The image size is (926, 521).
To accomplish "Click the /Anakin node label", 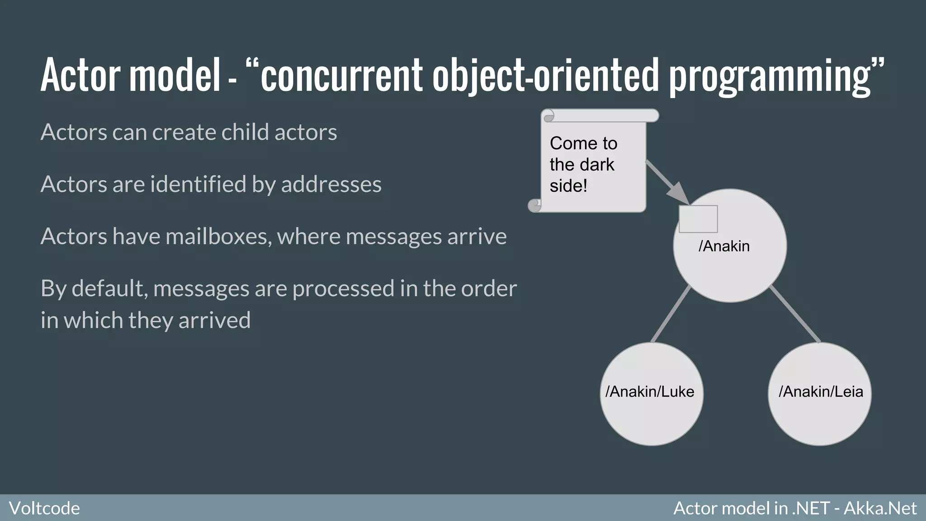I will [x=724, y=246].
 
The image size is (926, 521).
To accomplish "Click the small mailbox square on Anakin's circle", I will [x=698, y=219].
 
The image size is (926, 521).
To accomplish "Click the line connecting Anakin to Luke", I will [x=671, y=314].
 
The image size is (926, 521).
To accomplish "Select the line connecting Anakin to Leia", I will [x=795, y=314].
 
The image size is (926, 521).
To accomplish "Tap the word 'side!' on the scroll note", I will [x=568, y=186].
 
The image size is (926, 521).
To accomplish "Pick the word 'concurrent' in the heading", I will [x=341, y=75].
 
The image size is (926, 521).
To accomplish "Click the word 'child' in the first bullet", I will [x=245, y=132].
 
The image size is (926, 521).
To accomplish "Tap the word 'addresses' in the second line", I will [x=331, y=185].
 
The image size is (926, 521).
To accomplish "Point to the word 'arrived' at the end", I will [x=214, y=320].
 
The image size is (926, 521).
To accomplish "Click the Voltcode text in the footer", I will [x=44, y=508].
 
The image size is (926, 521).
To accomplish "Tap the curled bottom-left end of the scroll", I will [x=535, y=206].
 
